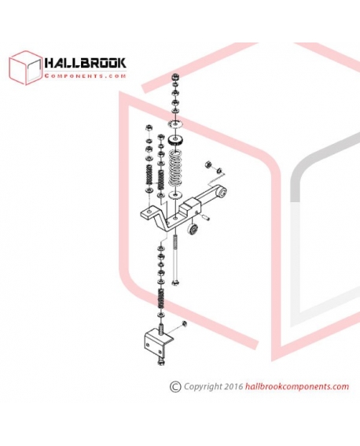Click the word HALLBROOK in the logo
click(85, 63)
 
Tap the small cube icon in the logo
click(25, 68)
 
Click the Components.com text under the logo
click(85, 76)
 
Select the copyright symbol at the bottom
click(175, 387)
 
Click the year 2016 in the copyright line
click(233, 386)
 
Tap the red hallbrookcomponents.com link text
click(296, 387)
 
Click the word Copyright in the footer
click(203, 387)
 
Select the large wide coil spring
click(176, 168)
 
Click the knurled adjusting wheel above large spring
click(176, 142)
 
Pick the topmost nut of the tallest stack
click(175, 77)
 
